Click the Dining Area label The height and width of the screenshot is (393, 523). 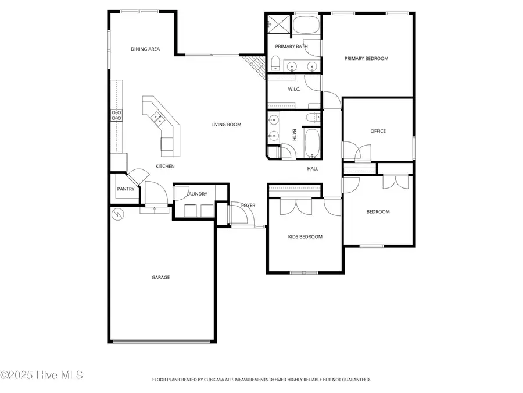click(145, 49)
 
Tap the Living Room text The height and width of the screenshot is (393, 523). click(226, 125)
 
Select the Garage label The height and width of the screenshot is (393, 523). click(161, 277)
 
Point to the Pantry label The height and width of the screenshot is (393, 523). click(126, 189)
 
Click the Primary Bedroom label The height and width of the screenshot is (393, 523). click(366, 58)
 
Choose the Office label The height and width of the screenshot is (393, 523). click(378, 131)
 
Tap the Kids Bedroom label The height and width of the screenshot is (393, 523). click(305, 236)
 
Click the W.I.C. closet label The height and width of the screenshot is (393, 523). click(294, 89)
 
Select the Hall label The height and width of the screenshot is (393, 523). click(313, 169)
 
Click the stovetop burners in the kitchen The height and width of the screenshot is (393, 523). click(116, 115)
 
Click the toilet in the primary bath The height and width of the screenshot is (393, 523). click(275, 63)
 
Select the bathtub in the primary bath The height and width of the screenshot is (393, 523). click(306, 24)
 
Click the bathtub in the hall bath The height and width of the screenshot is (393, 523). click(313, 143)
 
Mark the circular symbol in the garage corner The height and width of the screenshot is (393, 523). click(117, 214)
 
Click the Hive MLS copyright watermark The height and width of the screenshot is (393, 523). click(41, 375)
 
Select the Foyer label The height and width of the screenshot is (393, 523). click(248, 206)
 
